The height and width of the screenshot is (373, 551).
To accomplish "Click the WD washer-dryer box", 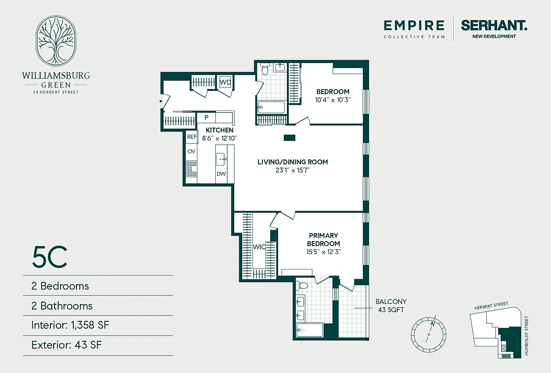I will pyautogui.click(x=225, y=82).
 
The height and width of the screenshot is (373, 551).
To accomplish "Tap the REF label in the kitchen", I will pyautogui.click(x=192, y=137).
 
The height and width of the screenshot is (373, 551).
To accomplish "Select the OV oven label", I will pyautogui.click(x=191, y=152).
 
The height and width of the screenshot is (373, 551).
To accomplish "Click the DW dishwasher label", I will pyautogui.click(x=221, y=174).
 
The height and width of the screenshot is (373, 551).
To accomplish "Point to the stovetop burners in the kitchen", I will pyautogui.click(x=191, y=168).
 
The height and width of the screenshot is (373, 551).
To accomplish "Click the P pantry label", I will pyautogui.click(x=206, y=117).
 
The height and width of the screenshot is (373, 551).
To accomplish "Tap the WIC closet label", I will pyautogui.click(x=259, y=247).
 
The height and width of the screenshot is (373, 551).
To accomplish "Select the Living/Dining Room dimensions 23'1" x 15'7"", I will pyautogui.click(x=293, y=171).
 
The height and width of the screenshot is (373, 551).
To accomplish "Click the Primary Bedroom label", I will pyautogui.click(x=323, y=240).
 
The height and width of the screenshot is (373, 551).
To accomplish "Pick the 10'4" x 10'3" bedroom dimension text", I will pyautogui.click(x=333, y=100).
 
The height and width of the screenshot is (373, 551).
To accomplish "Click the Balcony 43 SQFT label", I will pyautogui.click(x=391, y=305).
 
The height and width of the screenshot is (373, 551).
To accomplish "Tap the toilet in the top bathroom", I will pyautogui.click(x=265, y=70).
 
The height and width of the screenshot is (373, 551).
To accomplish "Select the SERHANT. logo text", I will pyautogui.click(x=494, y=26).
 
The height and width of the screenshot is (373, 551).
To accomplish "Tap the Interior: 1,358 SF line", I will pyautogui.click(x=70, y=325).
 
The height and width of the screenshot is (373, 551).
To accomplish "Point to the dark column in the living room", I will pyautogui.click(x=289, y=138).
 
